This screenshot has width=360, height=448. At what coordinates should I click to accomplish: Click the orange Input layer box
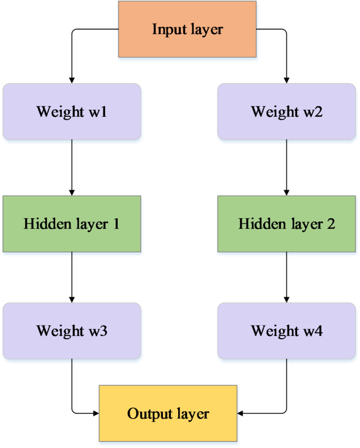click(187, 29)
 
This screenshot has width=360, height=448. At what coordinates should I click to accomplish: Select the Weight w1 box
click(71, 111)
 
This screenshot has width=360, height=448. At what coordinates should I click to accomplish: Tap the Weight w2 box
click(286, 111)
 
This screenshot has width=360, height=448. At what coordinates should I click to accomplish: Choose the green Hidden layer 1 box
click(71, 223)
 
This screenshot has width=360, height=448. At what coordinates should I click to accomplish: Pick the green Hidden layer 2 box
click(286, 223)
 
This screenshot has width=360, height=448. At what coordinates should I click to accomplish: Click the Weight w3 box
click(71, 331)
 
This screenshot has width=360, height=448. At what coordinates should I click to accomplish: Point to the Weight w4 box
click(286, 331)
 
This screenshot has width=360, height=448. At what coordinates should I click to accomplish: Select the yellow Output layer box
click(168, 413)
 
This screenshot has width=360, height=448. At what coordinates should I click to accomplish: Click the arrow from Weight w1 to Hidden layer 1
click(71, 167)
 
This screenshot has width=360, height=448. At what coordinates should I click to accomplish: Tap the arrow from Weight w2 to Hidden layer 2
click(286, 167)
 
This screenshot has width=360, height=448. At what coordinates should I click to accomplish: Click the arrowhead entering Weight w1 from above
click(71, 80)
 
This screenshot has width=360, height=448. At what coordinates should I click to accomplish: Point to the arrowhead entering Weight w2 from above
click(286, 80)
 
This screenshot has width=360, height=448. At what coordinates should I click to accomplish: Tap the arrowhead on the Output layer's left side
click(96, 413)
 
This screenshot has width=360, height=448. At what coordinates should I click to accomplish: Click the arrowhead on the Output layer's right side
click(241, 413)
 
